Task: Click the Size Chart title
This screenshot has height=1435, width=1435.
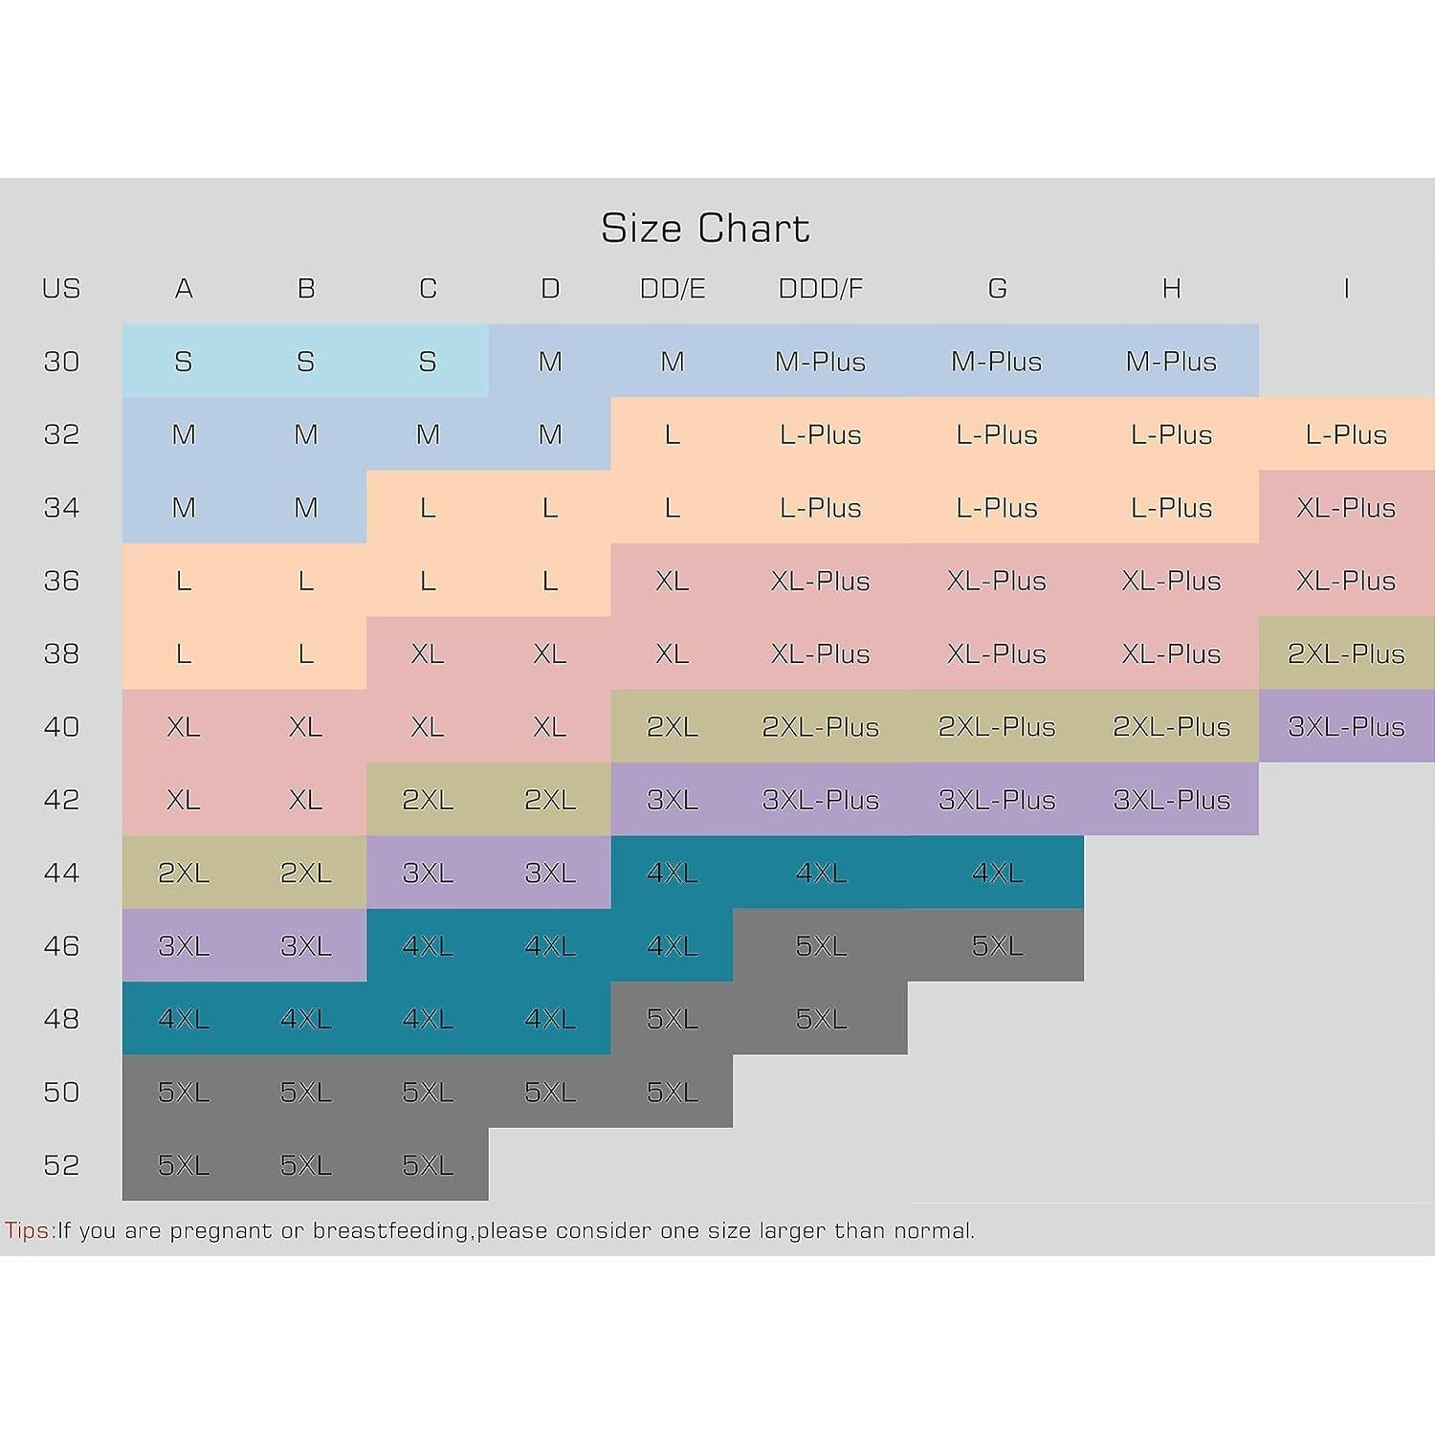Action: coord(705,229)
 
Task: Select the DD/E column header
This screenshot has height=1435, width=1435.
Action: coord(673,289)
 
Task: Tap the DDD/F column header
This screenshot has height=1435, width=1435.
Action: coord(821,289)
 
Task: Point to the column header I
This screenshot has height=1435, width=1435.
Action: coord(1346,289)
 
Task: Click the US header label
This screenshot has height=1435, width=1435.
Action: coord(61,289)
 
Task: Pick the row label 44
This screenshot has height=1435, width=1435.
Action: coord(61,872)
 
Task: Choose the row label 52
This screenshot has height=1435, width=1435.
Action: coord(61,1165)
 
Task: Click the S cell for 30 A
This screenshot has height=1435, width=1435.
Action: coord(184,362)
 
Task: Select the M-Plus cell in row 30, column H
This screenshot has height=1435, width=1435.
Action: coord(1171,362)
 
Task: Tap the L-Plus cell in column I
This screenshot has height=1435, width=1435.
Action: coord(1346,435)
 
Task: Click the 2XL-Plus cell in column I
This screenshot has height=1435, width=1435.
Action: coord(1346,654)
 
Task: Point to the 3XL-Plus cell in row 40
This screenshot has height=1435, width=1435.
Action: coord(1346,727)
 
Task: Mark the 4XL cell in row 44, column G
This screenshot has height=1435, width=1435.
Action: coord(997,872)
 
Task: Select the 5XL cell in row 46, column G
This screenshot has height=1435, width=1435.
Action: coord(997,946)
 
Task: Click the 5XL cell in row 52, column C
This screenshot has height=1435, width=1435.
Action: coord(428,1165)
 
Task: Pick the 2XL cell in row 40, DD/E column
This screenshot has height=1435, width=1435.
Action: coord(673,727)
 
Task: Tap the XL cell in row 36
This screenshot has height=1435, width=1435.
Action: coord(673,581)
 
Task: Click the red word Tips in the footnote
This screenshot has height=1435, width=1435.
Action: coord(29,1230)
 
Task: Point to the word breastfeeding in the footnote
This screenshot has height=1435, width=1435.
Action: coord(391,1230)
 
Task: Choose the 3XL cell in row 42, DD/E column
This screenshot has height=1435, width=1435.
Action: coord(673,800)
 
